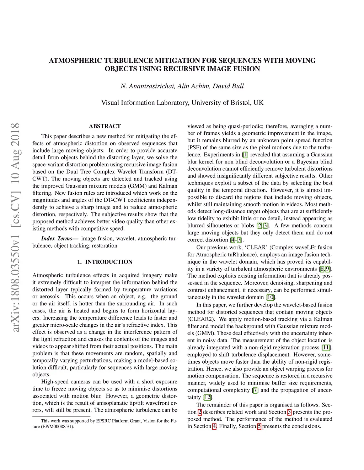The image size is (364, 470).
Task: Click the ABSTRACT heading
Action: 105,126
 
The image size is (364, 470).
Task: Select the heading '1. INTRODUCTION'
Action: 105,262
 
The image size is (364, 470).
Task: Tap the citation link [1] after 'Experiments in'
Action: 245,155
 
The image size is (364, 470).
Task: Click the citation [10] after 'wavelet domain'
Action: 271,297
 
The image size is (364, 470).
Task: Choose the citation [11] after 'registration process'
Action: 326,348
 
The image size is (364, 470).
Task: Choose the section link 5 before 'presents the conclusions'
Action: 259,426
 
